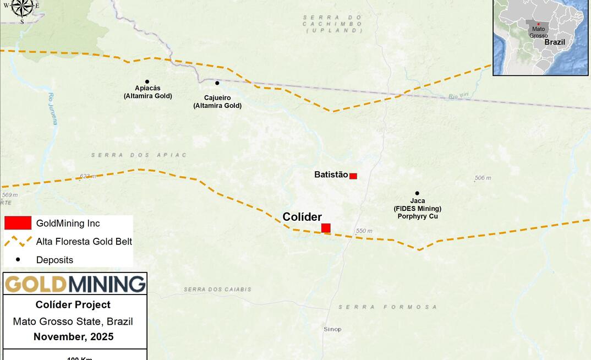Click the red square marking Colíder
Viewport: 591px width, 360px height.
click(x=326, y=228)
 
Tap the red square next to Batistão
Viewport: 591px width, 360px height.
click(x=353, y=176)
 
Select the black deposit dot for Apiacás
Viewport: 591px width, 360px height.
click(x=147, y=81)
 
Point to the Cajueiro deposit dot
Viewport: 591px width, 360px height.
click(x=217, y=83)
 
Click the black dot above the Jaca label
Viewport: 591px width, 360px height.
click(x=417, y=193)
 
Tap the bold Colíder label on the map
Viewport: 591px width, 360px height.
click(x=302, y=217)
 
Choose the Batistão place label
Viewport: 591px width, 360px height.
click(x=331, y=174)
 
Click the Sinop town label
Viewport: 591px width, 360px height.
click(x=332, y=329)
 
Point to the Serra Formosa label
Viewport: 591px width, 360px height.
click(x=387, y=307)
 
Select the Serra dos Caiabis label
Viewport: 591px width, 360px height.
click(x=217, y=289)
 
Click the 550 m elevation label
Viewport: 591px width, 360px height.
click(x=364, y=231)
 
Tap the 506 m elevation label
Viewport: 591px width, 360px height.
click(x=483, y=178)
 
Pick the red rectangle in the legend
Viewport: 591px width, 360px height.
click(x=18, y=223)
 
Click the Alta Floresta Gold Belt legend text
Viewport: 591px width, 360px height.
click(x=84, y=241)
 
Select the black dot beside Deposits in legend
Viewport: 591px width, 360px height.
click(x=18, y=259)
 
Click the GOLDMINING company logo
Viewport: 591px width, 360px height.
click(x=75, y=284)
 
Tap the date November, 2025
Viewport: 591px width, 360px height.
click(x=73, y=337)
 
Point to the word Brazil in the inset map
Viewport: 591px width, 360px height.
click(x=555, y=42)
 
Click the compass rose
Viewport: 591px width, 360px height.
click(x=23, y=7)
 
